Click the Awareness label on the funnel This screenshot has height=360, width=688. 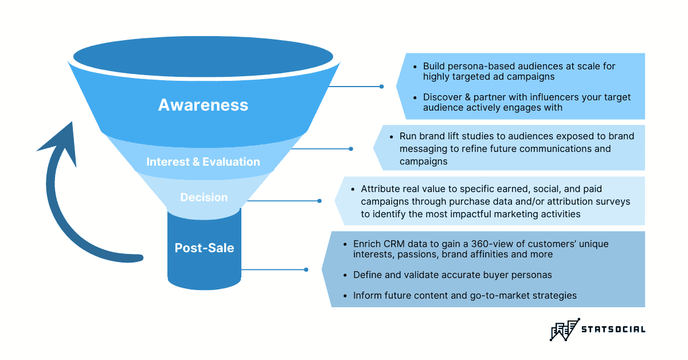pos(203,105)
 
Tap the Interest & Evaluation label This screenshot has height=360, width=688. pos(203,162)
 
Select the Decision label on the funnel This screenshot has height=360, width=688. pos(204,197)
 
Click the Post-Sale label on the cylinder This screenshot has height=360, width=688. pos(204,248)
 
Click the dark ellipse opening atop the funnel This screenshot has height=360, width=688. pos(204,58)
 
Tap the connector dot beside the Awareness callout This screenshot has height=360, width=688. pos(381,87)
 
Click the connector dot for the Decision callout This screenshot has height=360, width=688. pos(319,201)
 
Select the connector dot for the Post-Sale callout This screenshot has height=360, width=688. pos(306,269)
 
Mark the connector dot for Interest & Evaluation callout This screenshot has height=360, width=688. pos(351,148)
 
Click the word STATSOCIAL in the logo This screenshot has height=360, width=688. pos(613,329)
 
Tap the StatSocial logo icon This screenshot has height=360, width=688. pos(565,329)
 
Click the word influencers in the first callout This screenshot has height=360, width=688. pos(518,97)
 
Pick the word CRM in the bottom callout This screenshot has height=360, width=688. pos(392,244)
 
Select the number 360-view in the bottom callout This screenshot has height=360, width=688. pos(483,244)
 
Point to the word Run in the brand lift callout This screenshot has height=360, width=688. pos(408,136)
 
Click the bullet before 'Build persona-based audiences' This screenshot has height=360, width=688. pos(415,66)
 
